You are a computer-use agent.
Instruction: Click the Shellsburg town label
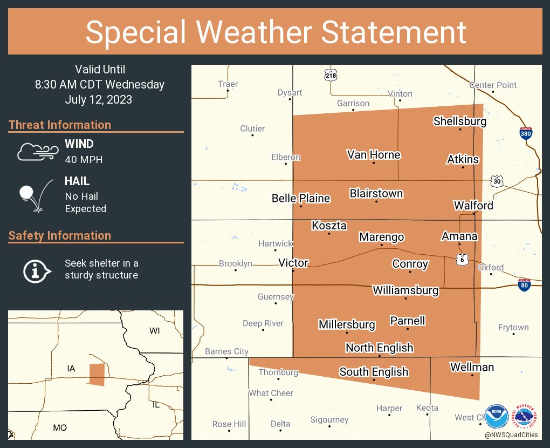[x=459, y=121]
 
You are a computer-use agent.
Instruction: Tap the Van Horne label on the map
[x=373, y=155]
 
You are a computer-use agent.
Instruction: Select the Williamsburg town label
[x=405, y=290]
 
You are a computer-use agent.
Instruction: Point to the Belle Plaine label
[x=300, y=198]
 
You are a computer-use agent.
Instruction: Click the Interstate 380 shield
[x=526, y=133]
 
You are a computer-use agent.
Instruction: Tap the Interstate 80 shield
[x=524, y=284]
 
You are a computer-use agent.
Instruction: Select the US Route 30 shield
[x=497, y=181]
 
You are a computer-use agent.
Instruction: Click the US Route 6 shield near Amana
[x=462, y=260]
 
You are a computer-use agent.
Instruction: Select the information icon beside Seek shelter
[x=37, y=269]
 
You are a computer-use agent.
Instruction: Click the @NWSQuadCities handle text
[x=510, y=435]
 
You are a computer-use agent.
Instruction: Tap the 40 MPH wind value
[x=83, y=159]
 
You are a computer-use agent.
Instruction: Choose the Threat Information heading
[x=60, y=125]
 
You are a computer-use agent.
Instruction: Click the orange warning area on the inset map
[x=97, y=374]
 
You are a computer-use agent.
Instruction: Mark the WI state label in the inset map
[x=155, y=330]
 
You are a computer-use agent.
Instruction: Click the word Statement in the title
[x=394, y=32]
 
